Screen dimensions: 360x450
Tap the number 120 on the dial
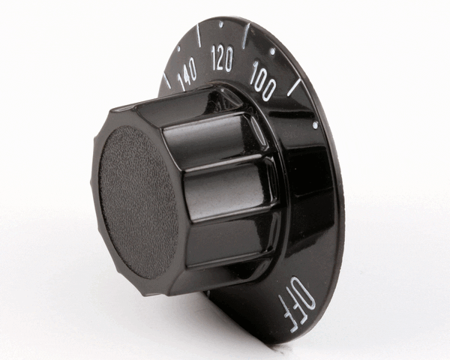(223, 57)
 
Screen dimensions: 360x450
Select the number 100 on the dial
(263, 79)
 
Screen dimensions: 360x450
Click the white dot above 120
(220, 23)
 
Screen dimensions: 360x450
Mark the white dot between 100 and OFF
(314, 125)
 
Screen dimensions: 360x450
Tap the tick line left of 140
(166, 80)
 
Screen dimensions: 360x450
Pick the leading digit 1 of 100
(255, 73)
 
